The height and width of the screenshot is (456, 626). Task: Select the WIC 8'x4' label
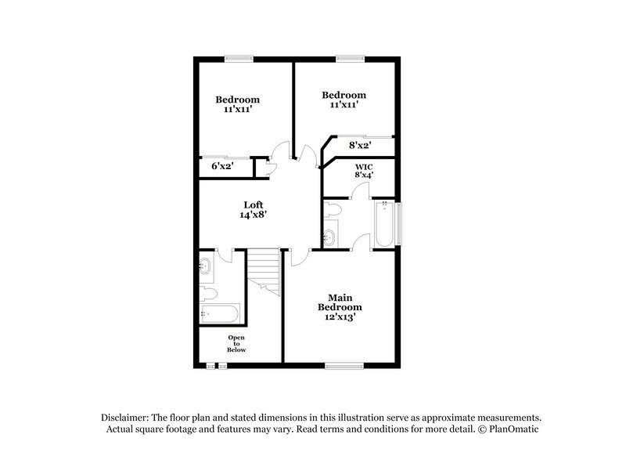[364, 171]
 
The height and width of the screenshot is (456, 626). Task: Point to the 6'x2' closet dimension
[221, 166]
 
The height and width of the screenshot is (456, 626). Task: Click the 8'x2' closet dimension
[359, 144]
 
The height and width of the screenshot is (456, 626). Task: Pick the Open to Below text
[236, 343]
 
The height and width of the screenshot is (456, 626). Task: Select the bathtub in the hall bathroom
[220, 315]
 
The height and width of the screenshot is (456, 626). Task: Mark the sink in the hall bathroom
[207, 266]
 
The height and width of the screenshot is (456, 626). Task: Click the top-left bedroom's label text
[237, 104]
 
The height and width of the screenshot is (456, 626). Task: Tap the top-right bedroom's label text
[344, 100]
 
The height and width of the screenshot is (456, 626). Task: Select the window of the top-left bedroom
[239, 56]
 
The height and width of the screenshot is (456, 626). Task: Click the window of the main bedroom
[344, 364]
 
